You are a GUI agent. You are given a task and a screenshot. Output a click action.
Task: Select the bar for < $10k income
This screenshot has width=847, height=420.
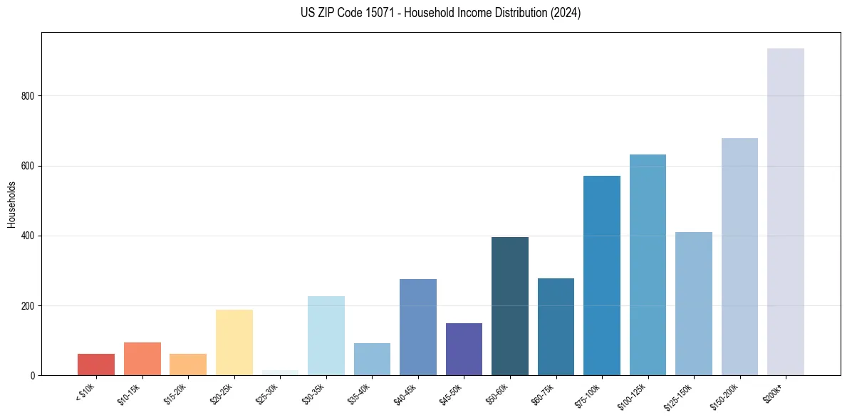click(x=96, y=364)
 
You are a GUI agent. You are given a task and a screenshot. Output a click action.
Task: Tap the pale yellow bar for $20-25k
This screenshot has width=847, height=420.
click(x=234, y=342)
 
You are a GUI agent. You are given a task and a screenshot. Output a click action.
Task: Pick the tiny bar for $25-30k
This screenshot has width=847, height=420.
click(x=280, y=372)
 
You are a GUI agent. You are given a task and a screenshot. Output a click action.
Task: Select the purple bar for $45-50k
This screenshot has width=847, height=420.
click(x=464, y=349)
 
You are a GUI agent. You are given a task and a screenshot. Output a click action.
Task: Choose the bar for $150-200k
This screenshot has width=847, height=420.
click(x=739, y=256)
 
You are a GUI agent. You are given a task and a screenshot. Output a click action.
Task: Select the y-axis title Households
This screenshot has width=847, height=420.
click(x=11, y=204)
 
